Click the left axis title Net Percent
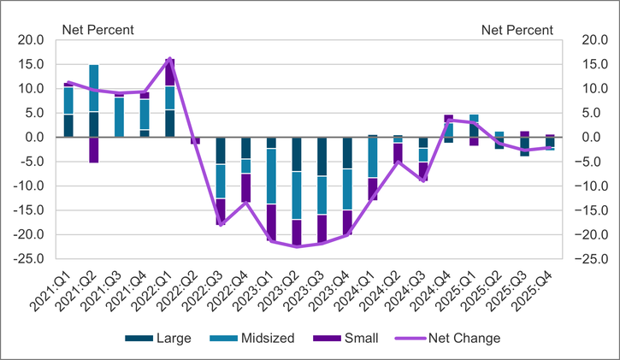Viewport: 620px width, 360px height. [97, 30]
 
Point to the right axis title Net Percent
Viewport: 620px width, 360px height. [517, 30]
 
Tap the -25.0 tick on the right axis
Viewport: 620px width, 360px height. [594, 259]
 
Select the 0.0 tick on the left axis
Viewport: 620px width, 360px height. [35, 138]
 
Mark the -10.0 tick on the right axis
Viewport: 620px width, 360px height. [594, 186]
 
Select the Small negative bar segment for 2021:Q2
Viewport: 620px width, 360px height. [93, 150]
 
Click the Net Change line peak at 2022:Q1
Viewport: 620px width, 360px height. [169, 59]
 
